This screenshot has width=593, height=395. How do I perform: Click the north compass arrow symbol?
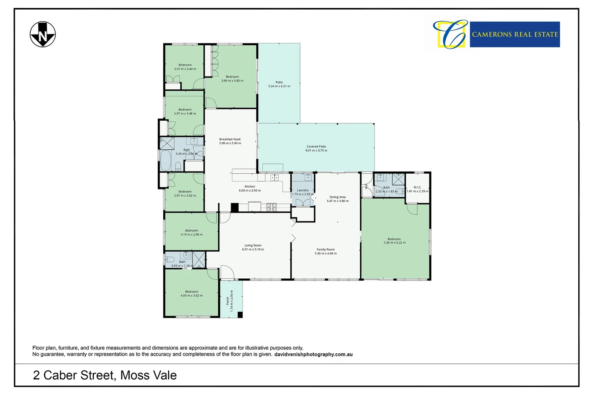click(43, 34)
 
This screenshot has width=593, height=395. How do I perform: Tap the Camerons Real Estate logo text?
click(514, 34)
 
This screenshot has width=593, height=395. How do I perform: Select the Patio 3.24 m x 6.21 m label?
click(279, 84)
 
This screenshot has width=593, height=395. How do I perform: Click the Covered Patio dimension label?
click(316, 148)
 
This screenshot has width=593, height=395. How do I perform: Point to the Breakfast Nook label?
click(230, 141)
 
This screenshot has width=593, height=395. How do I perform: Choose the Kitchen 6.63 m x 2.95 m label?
click(250, 188)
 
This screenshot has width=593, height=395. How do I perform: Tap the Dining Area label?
click(337, 199)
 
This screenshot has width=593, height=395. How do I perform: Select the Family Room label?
click(326, 251)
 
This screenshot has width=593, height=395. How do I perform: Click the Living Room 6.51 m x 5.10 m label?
click(253, 248)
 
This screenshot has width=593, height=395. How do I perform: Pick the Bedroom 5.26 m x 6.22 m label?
click(394, 241)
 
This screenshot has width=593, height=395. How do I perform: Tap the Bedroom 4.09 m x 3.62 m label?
click(191, 294)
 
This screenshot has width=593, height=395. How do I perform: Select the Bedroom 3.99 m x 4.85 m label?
click(232, 79)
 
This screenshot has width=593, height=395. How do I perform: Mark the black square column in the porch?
click(240, 315)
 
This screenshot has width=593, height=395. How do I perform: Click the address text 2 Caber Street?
click(105, 375)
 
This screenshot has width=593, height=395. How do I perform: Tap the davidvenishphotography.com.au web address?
click(314, 354)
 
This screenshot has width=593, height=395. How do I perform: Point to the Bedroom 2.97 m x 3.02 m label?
click(185, 193)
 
